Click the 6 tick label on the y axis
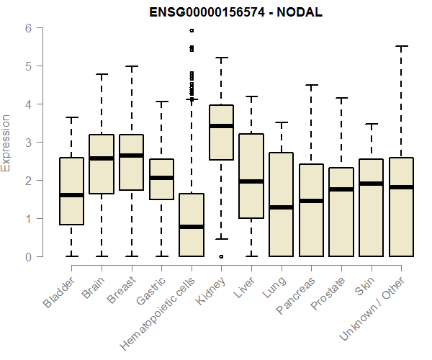[x=29, y=28]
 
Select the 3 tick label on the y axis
[x=29, y=143]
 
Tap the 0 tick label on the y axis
[x=29, y=256]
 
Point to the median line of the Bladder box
[x=72, y=195]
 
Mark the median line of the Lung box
[x=281, y=207]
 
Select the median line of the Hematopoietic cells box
[x=192, y=227]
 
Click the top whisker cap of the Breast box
[x=132, y=66]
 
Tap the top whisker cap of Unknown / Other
[x=401, y=46]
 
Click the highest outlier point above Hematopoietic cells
[x=192, y=31]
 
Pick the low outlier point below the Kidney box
[x=221, y=256]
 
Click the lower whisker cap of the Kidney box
[x=221, y=238]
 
